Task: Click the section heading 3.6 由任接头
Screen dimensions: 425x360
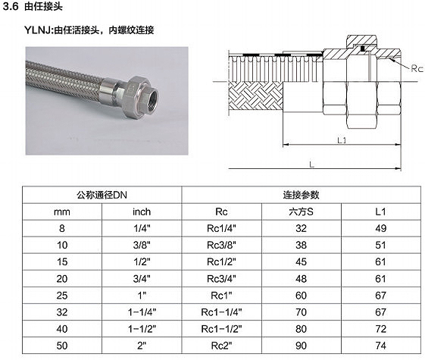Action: point(33,7)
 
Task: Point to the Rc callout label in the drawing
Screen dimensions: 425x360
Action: point(417,68)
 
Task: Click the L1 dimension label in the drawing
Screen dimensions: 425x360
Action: point(342,140)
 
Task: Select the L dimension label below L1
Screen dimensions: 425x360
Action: point(311,164)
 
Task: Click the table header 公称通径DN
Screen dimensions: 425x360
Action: point(102,195)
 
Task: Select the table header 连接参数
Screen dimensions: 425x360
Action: point(301,195)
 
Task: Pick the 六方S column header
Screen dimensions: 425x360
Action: point(301,211)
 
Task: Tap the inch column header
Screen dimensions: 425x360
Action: point(142,211)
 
